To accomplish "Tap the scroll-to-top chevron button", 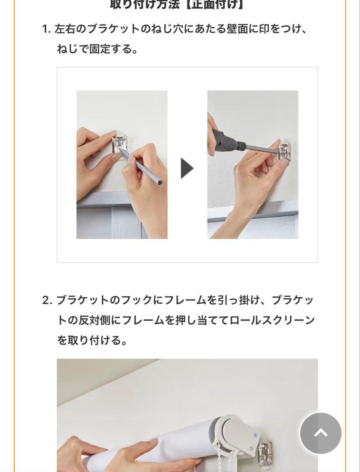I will (x=321, y=433).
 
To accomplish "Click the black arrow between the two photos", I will (x=187, y=168).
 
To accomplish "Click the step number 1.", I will (x=46, y=30).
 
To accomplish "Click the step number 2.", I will (x=47, y=301).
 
